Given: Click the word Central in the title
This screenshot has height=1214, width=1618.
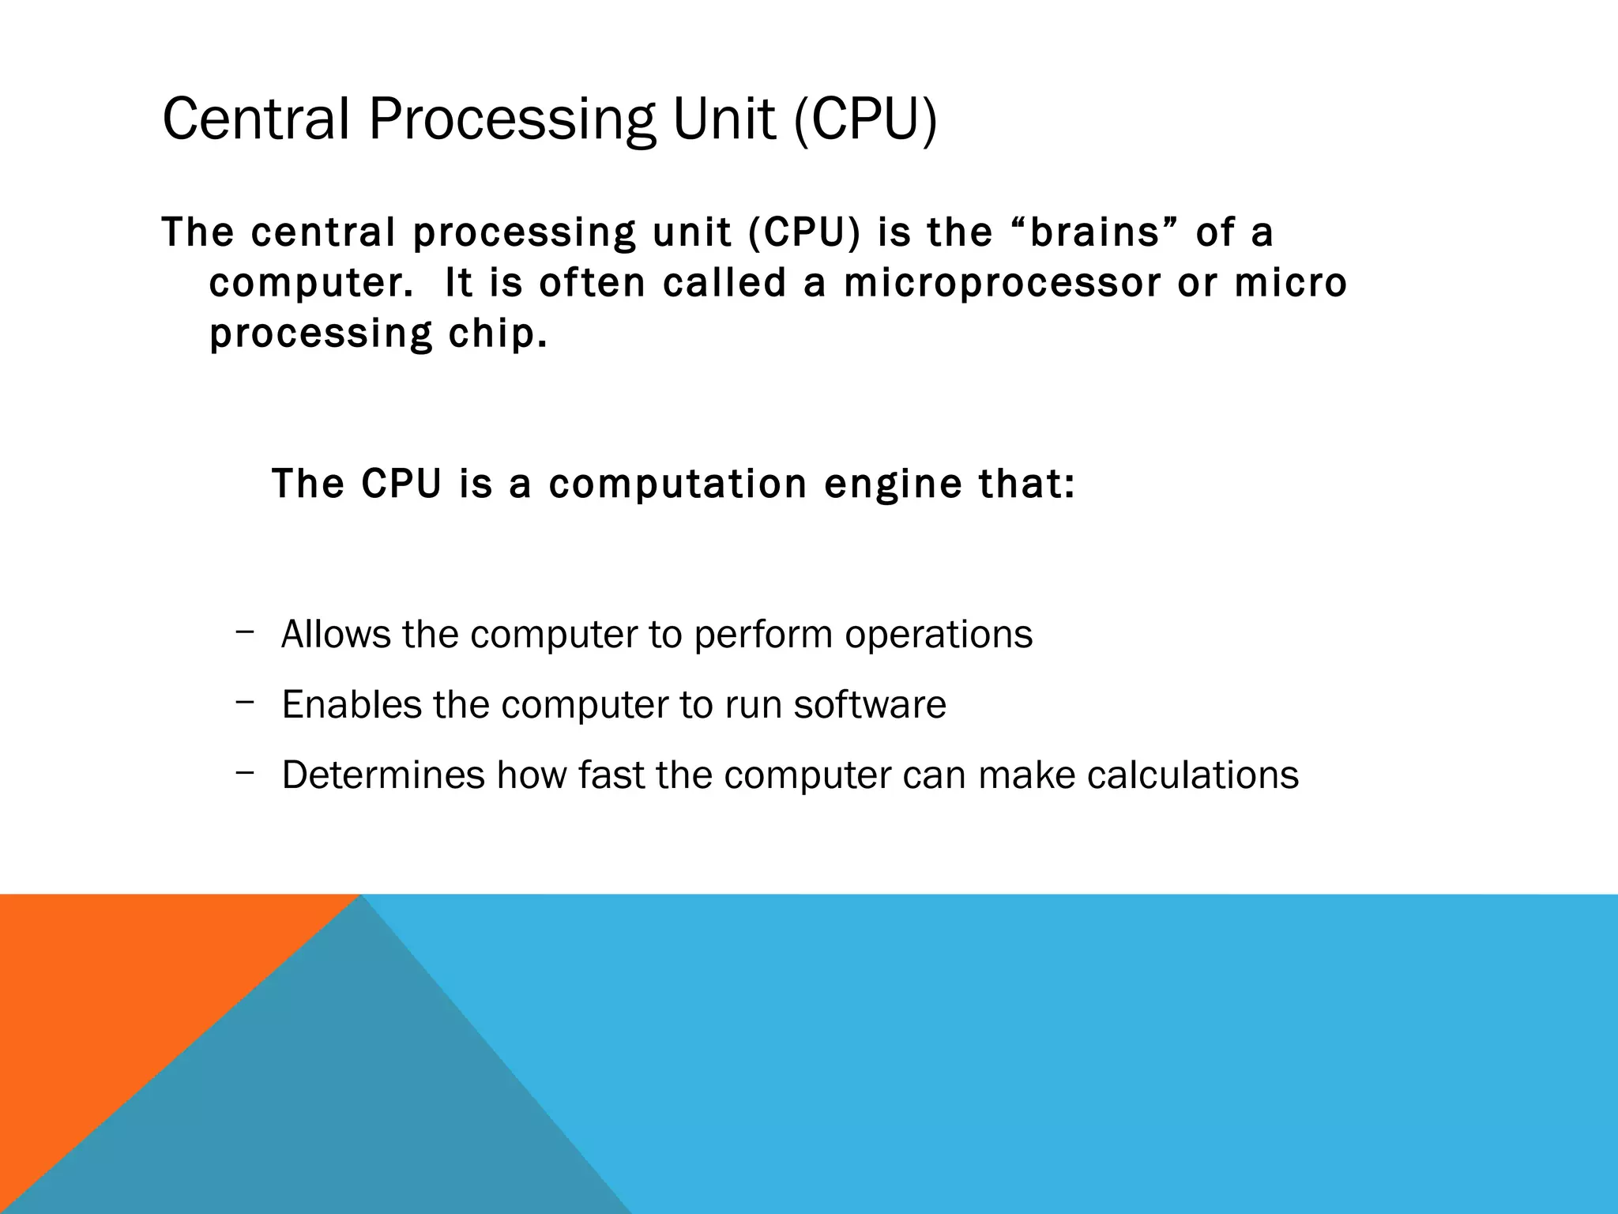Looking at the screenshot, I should (255, 119).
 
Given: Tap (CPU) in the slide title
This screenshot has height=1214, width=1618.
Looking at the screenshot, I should (864, 119).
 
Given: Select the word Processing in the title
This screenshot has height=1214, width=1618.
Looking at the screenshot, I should (511, 119).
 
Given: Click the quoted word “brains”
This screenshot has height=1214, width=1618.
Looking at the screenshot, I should (1094, 232).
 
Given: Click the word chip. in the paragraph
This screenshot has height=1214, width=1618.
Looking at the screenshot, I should (498, 334).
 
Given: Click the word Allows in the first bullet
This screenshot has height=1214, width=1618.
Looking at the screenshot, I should (336, 634).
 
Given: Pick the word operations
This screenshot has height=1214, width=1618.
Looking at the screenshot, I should (938, 634).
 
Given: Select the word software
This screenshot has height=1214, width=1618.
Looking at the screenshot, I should (869, 704).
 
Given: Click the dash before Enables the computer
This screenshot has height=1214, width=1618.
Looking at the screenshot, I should (244, 700).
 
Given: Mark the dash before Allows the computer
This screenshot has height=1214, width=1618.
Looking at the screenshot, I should (244, 631).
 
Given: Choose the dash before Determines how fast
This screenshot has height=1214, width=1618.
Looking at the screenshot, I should (244, 771).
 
